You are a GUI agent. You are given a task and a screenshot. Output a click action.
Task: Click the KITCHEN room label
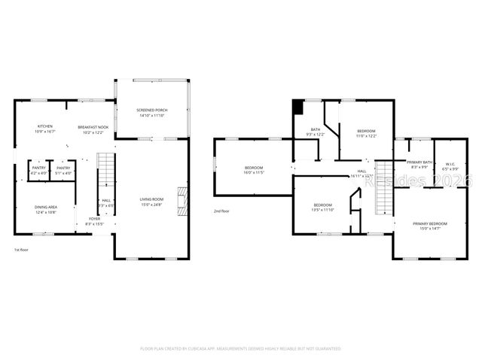(45, 129)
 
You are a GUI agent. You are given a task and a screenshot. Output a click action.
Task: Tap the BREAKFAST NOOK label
(93, 129)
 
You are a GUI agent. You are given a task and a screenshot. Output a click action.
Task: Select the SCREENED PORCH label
(151, 113)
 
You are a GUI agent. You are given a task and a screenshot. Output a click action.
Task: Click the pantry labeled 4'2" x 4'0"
(38, 170)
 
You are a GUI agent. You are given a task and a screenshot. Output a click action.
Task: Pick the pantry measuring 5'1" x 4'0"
(64, 170)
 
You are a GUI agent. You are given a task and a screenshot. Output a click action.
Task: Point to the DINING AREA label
(45, 209)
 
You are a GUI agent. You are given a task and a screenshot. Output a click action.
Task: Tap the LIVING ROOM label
(151, 202)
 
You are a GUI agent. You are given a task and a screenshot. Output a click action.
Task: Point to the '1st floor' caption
(22, 249)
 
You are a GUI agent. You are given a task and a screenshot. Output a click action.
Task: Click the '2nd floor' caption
(221, 211)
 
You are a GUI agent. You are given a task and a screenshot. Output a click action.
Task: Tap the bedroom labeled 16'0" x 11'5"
(254, 170)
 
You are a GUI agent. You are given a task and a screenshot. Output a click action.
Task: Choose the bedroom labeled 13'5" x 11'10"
(322, 208)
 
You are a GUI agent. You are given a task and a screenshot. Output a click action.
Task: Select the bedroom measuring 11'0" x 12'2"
(366, 134)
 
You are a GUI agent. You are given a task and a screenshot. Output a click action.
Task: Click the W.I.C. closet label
(450, 166)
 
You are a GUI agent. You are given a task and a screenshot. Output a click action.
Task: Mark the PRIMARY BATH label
(419, 165)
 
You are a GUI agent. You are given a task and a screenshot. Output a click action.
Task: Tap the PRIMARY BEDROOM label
(429, 225)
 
